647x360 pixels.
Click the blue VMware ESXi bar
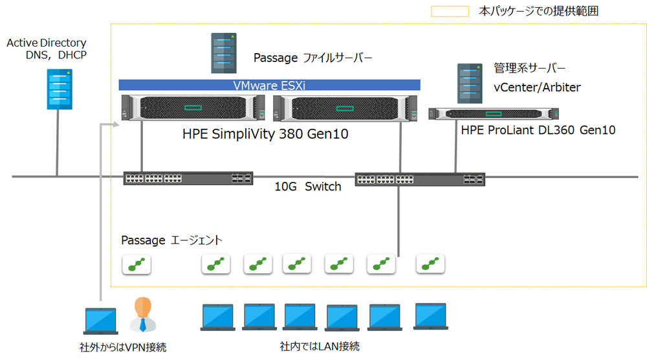coord(269,85)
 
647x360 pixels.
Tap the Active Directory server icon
coord(60,89)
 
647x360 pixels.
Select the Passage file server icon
coord(224,53)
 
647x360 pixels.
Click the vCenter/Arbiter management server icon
coord(470,84)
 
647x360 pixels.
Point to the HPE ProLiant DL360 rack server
coord(494,113)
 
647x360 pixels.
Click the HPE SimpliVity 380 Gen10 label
coord(265,134)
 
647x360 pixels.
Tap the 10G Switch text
coord(308,186)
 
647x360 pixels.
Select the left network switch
coord(188,178)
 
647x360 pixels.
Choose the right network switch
coord(420,179)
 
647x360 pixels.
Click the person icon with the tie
coord(143,315)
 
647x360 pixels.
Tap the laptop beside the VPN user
coord(101,321)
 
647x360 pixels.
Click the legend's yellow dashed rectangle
coord(450,11)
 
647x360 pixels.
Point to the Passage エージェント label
coord(171,240)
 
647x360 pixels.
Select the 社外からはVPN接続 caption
coord(123,347)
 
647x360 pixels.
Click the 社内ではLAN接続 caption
coord(320,346)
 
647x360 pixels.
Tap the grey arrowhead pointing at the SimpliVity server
coord(116,124)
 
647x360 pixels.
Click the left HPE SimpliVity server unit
coord(193,107)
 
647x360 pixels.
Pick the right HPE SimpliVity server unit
coord(345,109)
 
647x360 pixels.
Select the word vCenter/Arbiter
coord(537,87)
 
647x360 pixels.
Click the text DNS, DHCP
coord(56,55)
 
